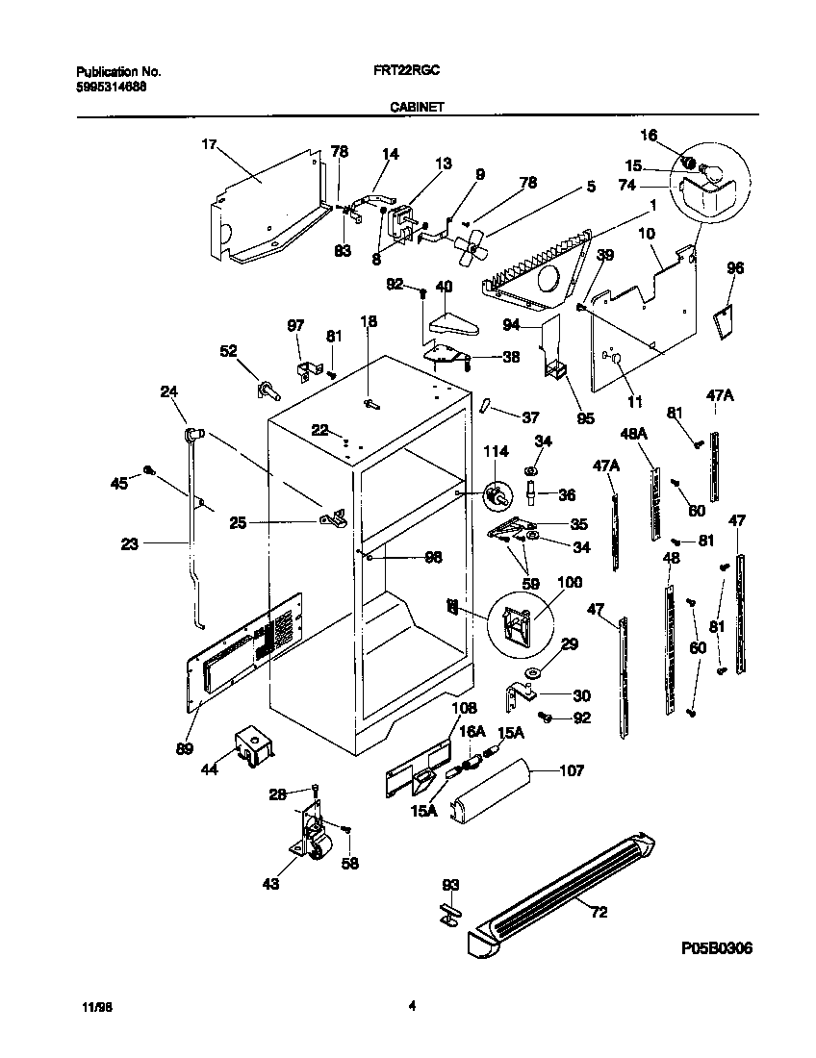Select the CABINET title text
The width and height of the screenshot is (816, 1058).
pos(416,109)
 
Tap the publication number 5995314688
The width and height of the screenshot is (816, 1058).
pos(112,87)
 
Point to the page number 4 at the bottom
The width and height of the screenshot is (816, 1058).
pos(412,1006)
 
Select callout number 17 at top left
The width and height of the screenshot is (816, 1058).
pos(209,145)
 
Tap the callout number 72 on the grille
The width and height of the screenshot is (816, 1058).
pos(599,913)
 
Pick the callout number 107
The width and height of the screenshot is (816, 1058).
pos(571,770)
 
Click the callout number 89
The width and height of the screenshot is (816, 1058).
pos(183,748)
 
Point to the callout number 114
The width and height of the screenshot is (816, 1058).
pos(494,452)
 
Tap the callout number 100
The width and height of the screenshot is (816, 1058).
pos(570,583)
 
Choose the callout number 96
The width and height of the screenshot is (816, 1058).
pos(734,269)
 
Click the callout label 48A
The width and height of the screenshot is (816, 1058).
pos(635,434)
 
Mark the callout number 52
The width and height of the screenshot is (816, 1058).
pos(229,352)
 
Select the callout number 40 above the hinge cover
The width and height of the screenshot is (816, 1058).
pos(444,286)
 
